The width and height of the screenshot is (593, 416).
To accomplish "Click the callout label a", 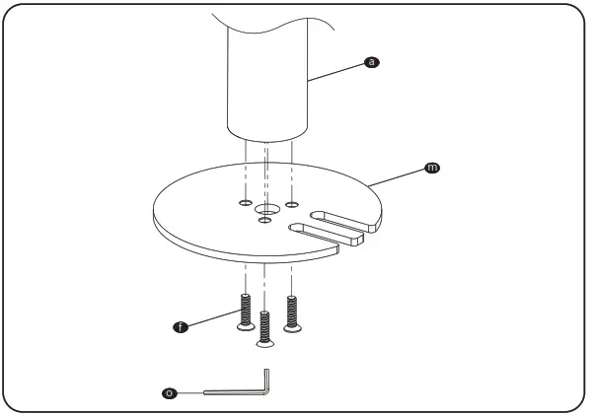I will (x=371, y=62).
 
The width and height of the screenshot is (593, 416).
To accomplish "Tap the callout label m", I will (x=430, y=169).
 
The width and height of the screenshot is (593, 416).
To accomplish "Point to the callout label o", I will (x=170, y=393).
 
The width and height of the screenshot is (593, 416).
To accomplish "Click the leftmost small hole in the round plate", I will (x=244, y=203).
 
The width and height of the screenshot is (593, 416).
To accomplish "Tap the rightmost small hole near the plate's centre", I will (x=291, y=204).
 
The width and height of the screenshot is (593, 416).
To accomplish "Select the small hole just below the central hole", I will (x=263, y=221).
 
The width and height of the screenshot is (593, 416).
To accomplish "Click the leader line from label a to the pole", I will (x=335, y=71).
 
